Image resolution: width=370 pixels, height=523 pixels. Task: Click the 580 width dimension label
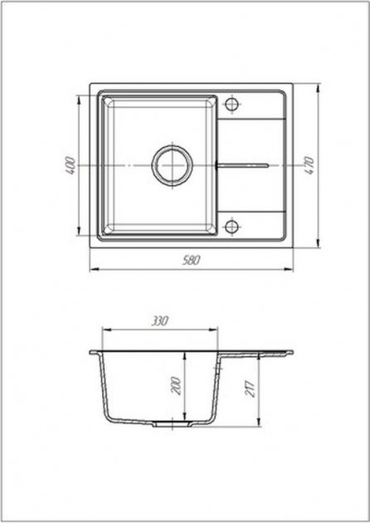192,260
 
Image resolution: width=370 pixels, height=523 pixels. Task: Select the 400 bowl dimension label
71,165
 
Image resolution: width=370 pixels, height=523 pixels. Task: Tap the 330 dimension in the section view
160,321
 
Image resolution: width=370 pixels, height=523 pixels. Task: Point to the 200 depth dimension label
177,386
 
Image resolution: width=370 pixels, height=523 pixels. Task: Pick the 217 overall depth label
251,389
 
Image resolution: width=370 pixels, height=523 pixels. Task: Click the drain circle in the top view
173,165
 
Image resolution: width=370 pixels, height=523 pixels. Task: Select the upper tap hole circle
231,104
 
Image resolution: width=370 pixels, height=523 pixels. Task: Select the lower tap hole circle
231,227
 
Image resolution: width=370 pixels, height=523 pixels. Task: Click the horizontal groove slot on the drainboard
243,165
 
